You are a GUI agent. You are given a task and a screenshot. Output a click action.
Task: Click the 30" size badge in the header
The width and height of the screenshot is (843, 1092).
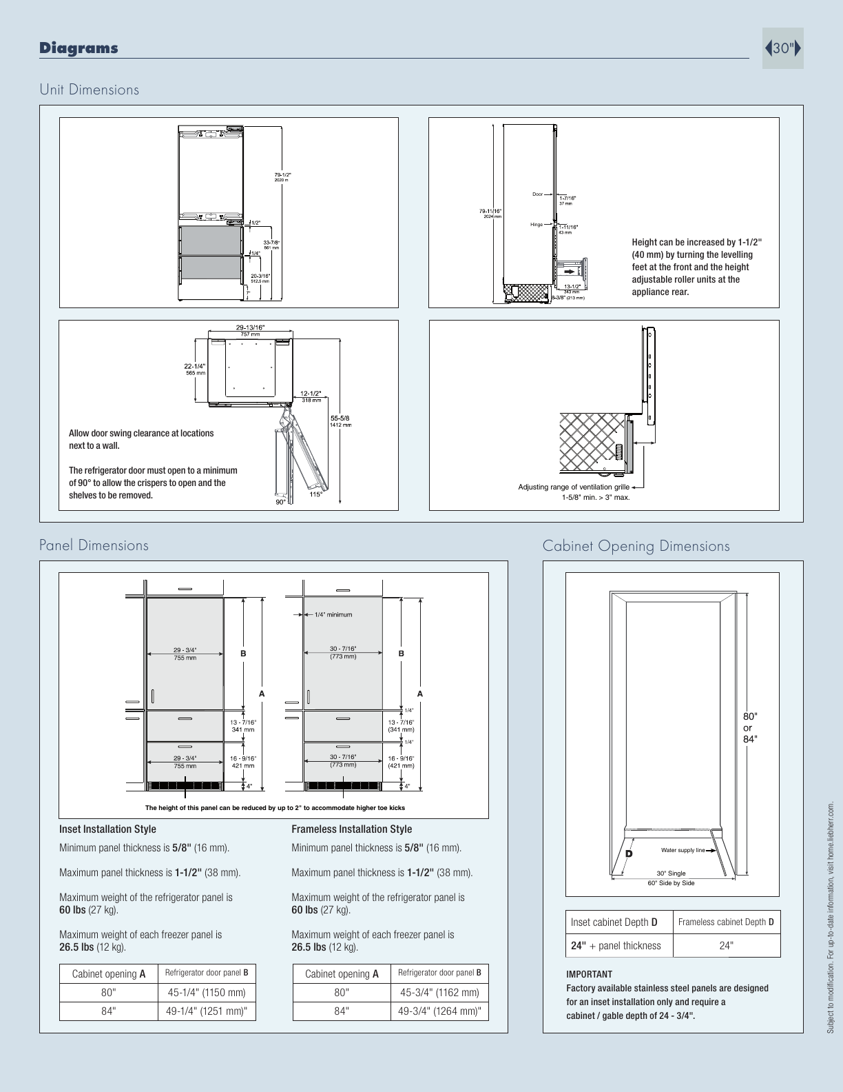tap(783, 48)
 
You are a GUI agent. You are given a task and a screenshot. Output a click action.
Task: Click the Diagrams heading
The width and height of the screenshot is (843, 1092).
tap(79, 48)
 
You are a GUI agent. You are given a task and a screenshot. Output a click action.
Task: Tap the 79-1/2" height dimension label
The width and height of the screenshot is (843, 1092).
tap(282, 175)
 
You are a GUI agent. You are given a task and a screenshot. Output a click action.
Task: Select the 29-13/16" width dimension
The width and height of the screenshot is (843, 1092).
tap(250, 328)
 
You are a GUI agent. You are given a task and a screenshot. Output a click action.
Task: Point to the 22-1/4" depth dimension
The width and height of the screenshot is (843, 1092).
tap(195, 367)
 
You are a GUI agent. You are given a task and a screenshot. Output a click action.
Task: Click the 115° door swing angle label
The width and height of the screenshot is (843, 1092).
tap(316, 494)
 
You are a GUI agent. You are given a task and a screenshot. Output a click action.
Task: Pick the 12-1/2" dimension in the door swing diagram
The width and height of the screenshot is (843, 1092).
tap(311, 394)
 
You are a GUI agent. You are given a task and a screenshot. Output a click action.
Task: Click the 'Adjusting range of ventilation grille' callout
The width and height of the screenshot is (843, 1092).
tap(574, 487)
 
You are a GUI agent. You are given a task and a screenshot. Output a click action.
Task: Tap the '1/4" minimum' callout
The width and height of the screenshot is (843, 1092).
tap(333, 615)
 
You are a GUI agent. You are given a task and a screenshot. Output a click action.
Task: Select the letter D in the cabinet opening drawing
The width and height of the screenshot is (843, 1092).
tap(628, 853)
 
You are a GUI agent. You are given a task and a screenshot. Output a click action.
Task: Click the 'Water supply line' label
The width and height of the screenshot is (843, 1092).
tap(683, 850)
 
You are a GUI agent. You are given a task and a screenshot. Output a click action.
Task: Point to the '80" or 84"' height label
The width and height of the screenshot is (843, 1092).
tap(749, 728)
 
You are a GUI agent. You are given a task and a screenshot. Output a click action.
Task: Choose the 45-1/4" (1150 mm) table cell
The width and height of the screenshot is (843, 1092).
tap(207, 993)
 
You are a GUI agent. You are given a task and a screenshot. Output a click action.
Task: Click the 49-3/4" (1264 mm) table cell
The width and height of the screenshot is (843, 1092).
tap(439, 1011)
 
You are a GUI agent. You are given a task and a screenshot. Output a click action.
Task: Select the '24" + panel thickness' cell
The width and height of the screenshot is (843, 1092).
tap(616, 946)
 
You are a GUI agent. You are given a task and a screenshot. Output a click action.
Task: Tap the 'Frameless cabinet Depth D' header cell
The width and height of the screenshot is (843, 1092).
tap(726, 922)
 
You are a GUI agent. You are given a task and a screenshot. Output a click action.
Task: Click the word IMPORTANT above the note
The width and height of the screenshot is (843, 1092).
tap(589, 974)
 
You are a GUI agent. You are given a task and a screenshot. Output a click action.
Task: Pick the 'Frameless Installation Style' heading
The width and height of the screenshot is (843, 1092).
tap(351, 829)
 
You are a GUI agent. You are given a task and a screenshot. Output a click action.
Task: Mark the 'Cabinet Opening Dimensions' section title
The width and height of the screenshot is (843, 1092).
tap(636, 546)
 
